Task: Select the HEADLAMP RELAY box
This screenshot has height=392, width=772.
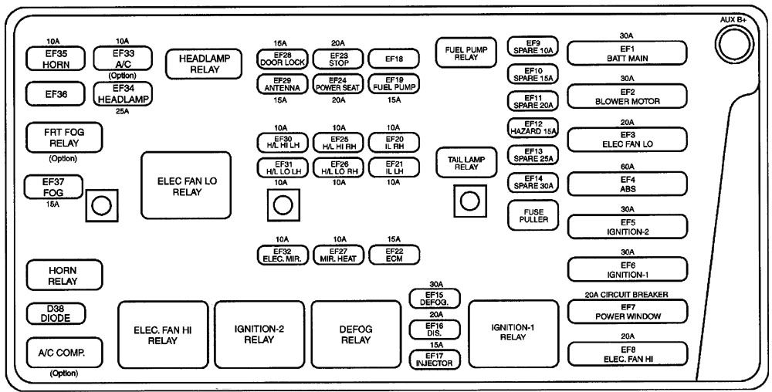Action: [x=200, y=63]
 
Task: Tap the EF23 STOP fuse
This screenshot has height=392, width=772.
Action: [x=338, y=59]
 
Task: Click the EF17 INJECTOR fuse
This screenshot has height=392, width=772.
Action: [x=434, y=359]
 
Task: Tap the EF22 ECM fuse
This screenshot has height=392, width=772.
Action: [x=393, y=255]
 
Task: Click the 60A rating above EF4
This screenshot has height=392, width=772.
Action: [x=626, y=167]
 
